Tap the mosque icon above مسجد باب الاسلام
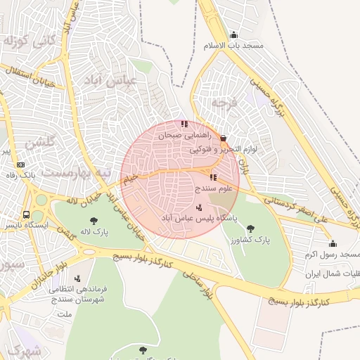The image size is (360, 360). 233,35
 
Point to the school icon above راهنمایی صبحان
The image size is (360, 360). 184,124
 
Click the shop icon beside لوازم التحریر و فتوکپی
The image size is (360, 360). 223,139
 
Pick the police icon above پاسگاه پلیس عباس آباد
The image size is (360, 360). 199,207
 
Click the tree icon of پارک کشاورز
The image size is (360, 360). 250,229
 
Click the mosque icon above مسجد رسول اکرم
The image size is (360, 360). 333,243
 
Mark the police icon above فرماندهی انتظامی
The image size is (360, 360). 77,278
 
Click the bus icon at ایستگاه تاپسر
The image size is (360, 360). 26,214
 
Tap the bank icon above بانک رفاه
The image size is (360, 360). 19,164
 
